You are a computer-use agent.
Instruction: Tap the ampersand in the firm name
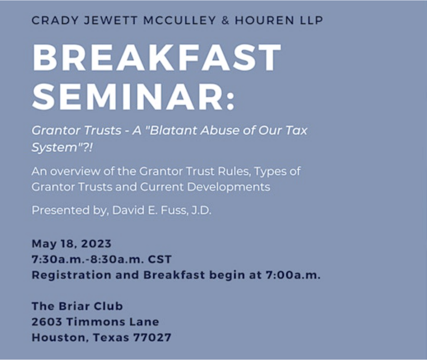225,20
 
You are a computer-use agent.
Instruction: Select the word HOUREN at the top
264,20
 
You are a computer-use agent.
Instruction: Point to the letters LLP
311,20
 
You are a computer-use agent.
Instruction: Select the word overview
75,171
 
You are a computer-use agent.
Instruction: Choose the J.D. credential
201,210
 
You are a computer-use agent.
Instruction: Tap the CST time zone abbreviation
160,259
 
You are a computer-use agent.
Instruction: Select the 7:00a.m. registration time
293,275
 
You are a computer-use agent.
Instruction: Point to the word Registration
71,275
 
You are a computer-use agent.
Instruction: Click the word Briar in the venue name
73,306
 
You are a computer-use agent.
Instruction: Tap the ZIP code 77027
152,337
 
